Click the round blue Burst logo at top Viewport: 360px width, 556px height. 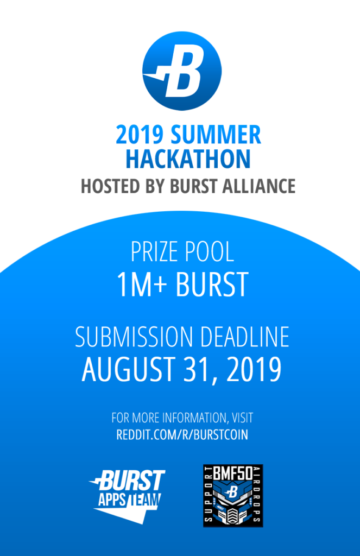point(182,71)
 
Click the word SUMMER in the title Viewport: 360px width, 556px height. point(216,135)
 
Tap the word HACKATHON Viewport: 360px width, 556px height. point(188,159)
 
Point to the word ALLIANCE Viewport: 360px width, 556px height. point(258,186)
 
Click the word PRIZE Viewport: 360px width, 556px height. point(154,252)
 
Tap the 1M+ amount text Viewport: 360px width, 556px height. point(142,285)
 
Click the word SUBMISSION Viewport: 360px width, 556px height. point(134,337)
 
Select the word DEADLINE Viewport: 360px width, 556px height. point(245,337)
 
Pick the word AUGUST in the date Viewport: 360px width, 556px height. point(128,369)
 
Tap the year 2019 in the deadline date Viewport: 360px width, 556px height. point(254,369)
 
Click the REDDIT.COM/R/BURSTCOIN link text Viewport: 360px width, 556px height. point(182,435)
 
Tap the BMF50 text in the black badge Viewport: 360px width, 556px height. point(233,473)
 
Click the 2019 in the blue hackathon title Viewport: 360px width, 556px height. point(140,135)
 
